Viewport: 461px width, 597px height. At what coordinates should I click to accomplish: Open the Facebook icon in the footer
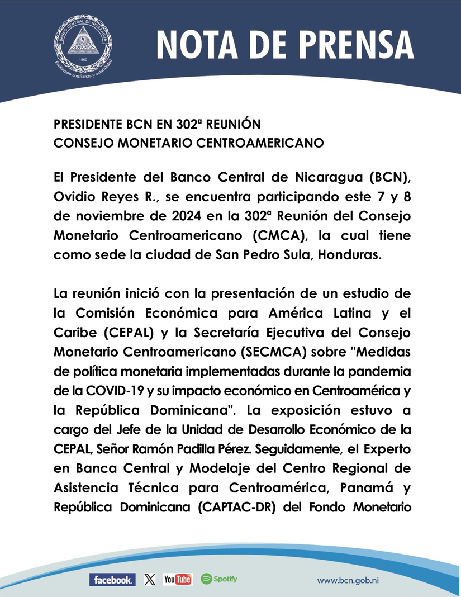(112, 580)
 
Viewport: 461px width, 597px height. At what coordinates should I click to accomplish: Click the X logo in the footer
(149, 580)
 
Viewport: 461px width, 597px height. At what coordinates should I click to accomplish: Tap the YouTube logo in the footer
(178, 580)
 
